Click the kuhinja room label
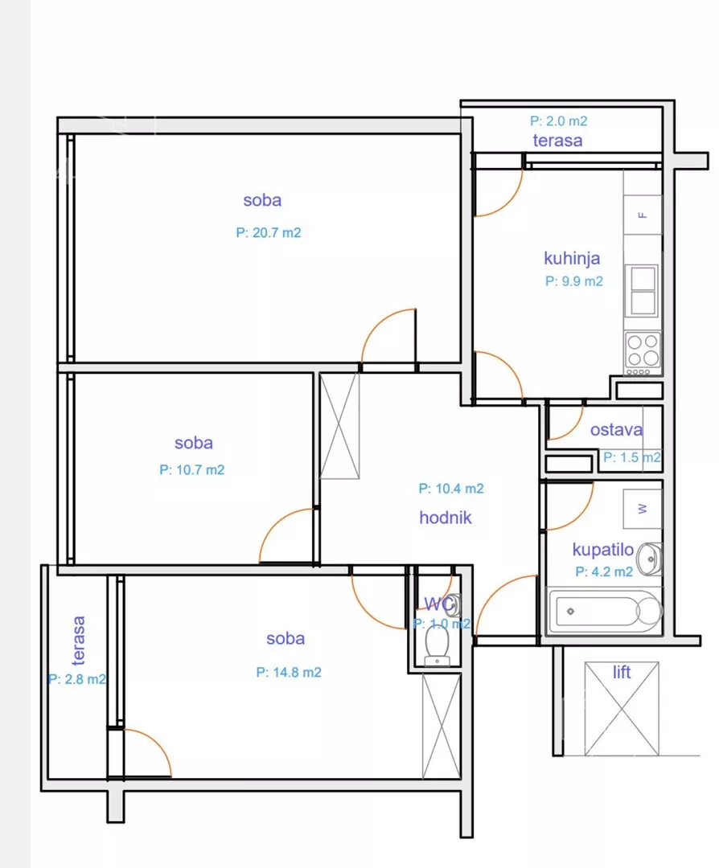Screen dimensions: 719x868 coord(572,259)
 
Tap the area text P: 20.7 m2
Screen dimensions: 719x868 coord(269,232)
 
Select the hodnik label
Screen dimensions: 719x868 coord(446,518)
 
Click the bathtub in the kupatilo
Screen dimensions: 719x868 coord(604,611)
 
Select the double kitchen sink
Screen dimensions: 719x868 coord(642,291)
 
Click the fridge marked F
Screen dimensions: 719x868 coord(643,215)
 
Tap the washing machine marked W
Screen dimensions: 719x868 coord(643,509)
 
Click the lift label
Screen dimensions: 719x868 coord(622,672)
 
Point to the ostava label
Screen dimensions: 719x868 coord(617,429)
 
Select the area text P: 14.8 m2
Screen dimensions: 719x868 coord(289,672)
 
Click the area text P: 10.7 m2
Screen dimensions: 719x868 coord(191,470)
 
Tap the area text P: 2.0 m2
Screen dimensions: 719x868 coord(558,121)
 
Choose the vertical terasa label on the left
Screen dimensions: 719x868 coord(79,641)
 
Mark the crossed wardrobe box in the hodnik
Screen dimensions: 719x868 coord(339,425)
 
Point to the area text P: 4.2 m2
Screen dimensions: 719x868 coord(604,572)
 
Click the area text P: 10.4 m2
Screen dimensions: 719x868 coord(451,489)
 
